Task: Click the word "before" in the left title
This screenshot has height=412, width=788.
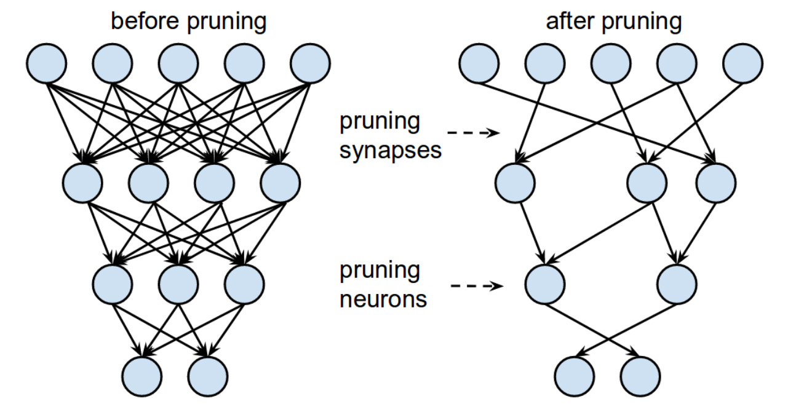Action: pos(145,21)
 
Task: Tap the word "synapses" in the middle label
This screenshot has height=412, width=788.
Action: pos(390,151)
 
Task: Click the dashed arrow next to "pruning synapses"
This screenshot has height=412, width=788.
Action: pos(473,133)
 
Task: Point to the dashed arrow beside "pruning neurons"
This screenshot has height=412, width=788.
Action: pos(477,285)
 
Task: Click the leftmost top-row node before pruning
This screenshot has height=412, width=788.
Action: pos(46,63)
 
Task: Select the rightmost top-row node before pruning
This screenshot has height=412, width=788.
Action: pos(310,63)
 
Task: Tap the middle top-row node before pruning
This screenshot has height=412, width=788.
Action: pos(178,63)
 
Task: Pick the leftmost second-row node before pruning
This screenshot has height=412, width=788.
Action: pos(82,183)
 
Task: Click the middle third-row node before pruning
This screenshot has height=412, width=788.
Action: pos(178,284)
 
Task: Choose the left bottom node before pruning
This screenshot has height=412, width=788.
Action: pos(142,376)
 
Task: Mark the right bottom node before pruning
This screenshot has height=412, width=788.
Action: pos(208,376)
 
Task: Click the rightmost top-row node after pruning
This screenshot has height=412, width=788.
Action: pos(742,63)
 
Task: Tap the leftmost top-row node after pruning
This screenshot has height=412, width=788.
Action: pos(479,63)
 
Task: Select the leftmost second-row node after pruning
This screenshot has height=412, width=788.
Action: pos(515,183)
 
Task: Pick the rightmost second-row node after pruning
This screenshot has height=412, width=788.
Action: pos(716,183)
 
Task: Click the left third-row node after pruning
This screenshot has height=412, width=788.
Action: pos(545,284)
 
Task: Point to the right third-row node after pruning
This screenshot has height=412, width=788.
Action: pos(677,284)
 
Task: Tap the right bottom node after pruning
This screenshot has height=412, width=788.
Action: pos(640,376)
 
